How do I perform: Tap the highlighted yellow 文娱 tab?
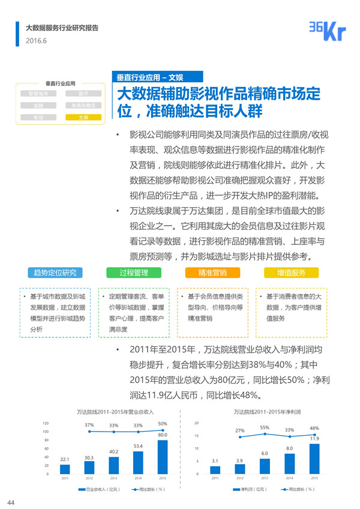(x=83, y=117)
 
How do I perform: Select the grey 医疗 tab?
(x=83, y=94)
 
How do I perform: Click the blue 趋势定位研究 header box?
(x=55, y=273)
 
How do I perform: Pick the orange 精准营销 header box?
(x=212, y=273)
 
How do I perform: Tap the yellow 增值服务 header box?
(x=291, y=273)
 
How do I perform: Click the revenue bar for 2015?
(x=162, y=457)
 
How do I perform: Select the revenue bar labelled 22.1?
(x=65, y=469)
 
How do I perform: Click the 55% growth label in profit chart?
(x=265, y=427)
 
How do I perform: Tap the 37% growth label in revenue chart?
(x=89, y=425)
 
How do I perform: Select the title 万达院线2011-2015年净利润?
(x=267, y=412)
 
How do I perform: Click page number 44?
(x=11, y=502)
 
